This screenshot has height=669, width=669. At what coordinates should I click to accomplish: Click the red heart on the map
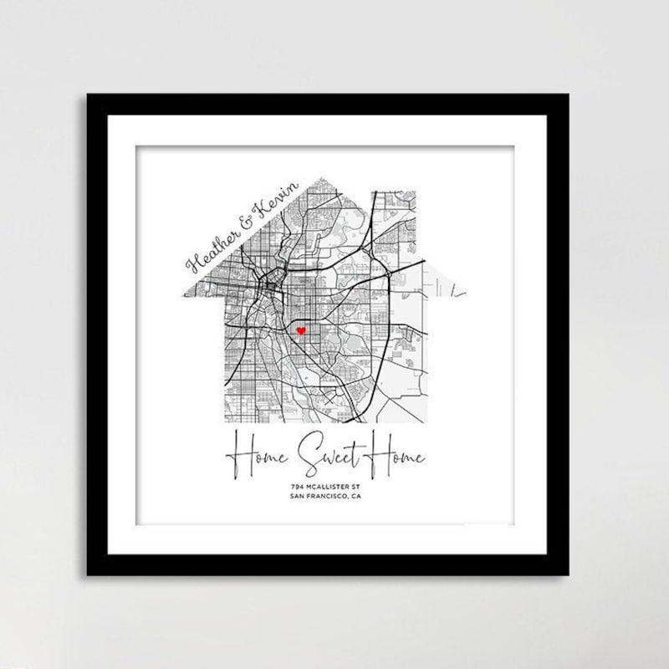click(299, 331)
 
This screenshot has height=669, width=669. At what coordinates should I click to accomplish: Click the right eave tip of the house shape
click(467, 294)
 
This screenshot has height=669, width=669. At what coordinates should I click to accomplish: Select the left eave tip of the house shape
click(172, 294)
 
